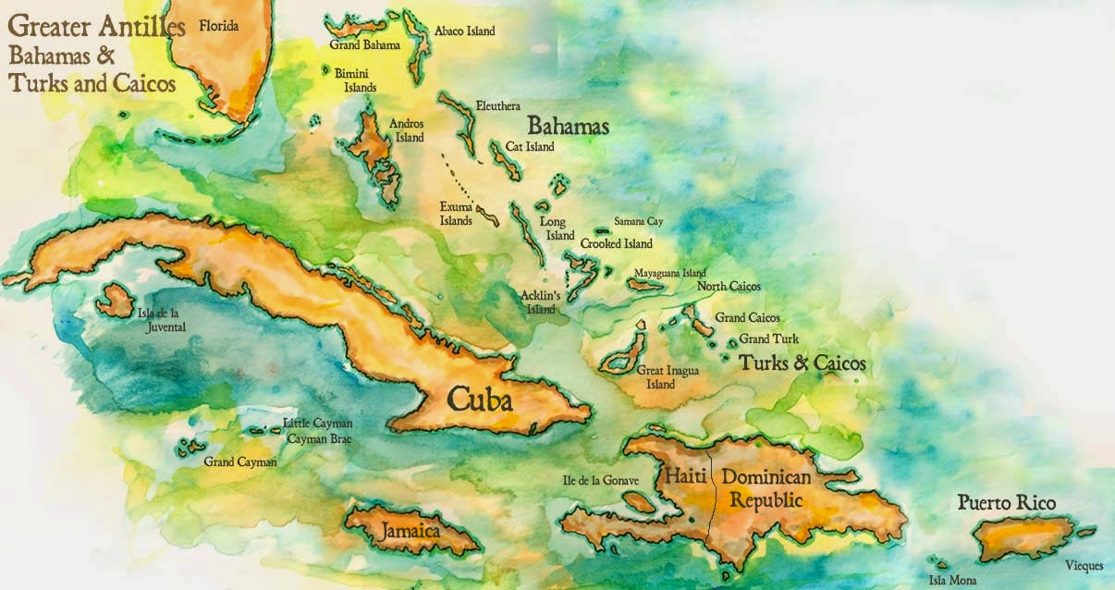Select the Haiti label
[685, 478]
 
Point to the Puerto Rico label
[1006, 503]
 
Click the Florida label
[218, 26]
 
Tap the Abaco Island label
[464, 31]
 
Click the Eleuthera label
[497, 106]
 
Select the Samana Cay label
[638, 221]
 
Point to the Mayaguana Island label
[669, 273]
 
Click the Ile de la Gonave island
[638, 501]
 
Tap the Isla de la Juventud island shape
[115, 301]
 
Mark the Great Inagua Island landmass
[622, 352]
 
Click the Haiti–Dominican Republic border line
[711, 499]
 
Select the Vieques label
[1084, 565]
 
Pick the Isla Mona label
[952, 580]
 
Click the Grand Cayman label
[240, 461]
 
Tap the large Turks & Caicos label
[803, 363]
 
